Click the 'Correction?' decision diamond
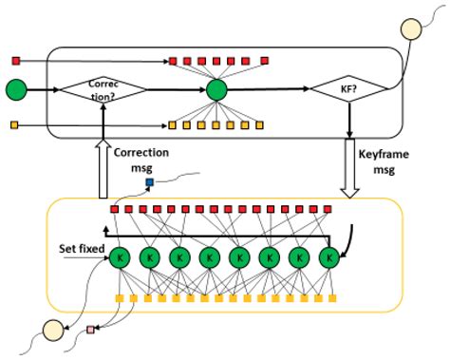coord(103,89)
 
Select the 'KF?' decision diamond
coord(349,89)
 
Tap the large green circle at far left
coord(17,90)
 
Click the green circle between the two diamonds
coord(217,90)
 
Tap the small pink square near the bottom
coord(91,330)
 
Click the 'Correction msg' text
coord(141,159)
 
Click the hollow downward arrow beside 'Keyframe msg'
coord(349,168)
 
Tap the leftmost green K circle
coord(120,257)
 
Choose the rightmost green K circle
coord(329,257)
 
